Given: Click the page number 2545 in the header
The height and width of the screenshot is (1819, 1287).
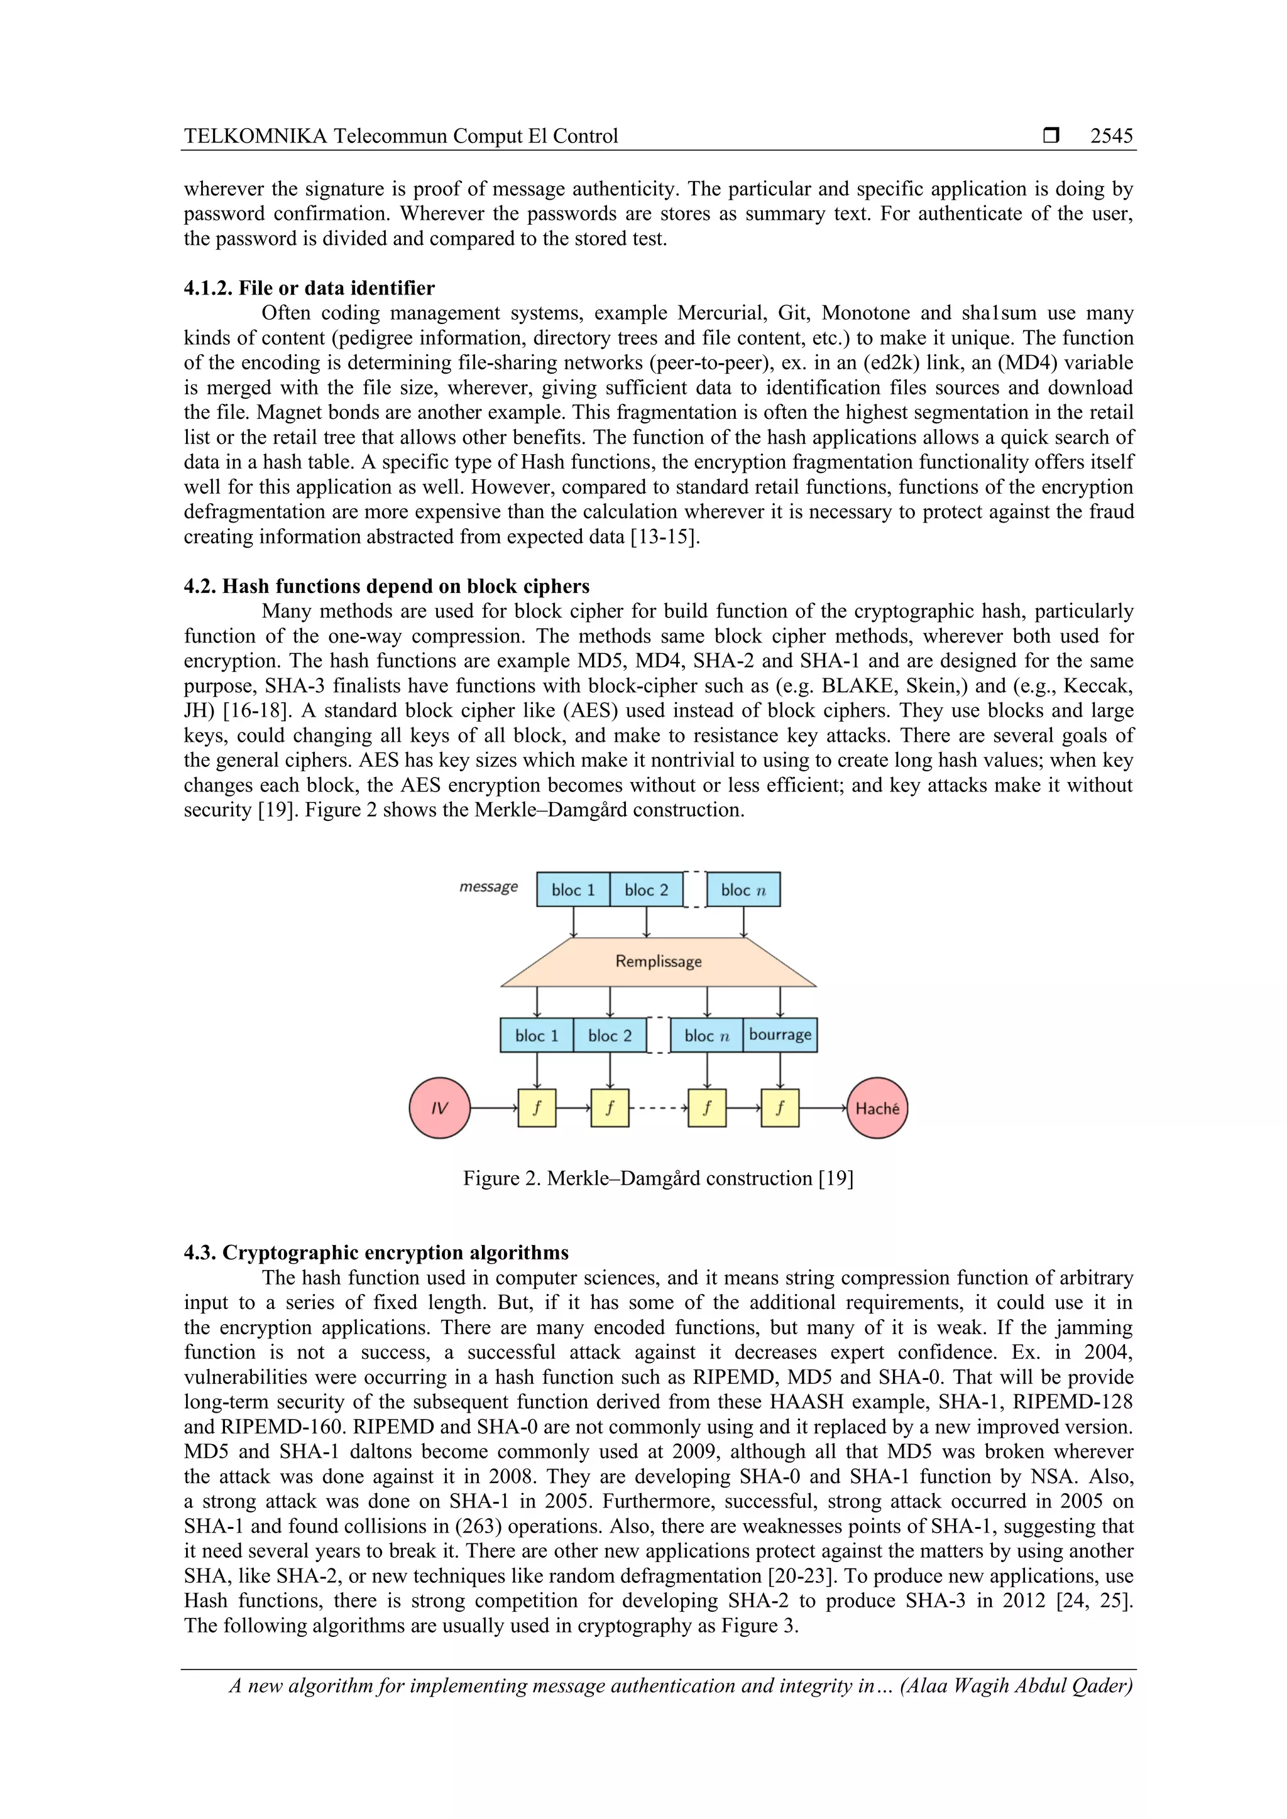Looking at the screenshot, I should (1111, 136).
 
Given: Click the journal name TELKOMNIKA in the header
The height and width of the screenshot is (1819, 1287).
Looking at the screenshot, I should (255, 136).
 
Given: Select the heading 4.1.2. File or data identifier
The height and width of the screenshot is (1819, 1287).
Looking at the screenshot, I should (309, 288).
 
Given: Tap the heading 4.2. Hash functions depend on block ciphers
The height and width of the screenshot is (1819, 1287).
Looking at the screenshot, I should (386, 586).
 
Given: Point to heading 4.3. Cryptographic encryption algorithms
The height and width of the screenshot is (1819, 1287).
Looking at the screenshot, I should (376, 1252).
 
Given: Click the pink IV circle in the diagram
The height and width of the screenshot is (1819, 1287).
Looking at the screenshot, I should (440, 1107).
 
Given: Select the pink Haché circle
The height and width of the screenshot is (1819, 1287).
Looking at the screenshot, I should (877, 1107).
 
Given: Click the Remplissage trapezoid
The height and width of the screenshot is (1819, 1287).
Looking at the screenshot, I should (659, 962).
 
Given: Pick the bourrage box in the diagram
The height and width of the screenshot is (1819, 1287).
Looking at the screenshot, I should (780, 1034).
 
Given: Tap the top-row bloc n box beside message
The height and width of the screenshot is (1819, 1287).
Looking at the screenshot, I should (743, 889).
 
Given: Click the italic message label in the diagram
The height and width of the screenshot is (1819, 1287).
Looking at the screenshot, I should (488, 886).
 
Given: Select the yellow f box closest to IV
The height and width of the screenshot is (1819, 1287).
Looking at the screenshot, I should (537, 1107).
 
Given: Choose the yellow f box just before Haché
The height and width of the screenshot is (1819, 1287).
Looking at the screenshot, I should (780, 1107).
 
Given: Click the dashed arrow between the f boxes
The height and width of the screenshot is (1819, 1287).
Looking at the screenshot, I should (659, 1107).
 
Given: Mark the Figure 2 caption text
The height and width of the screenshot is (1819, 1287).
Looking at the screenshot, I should (658, 1178).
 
